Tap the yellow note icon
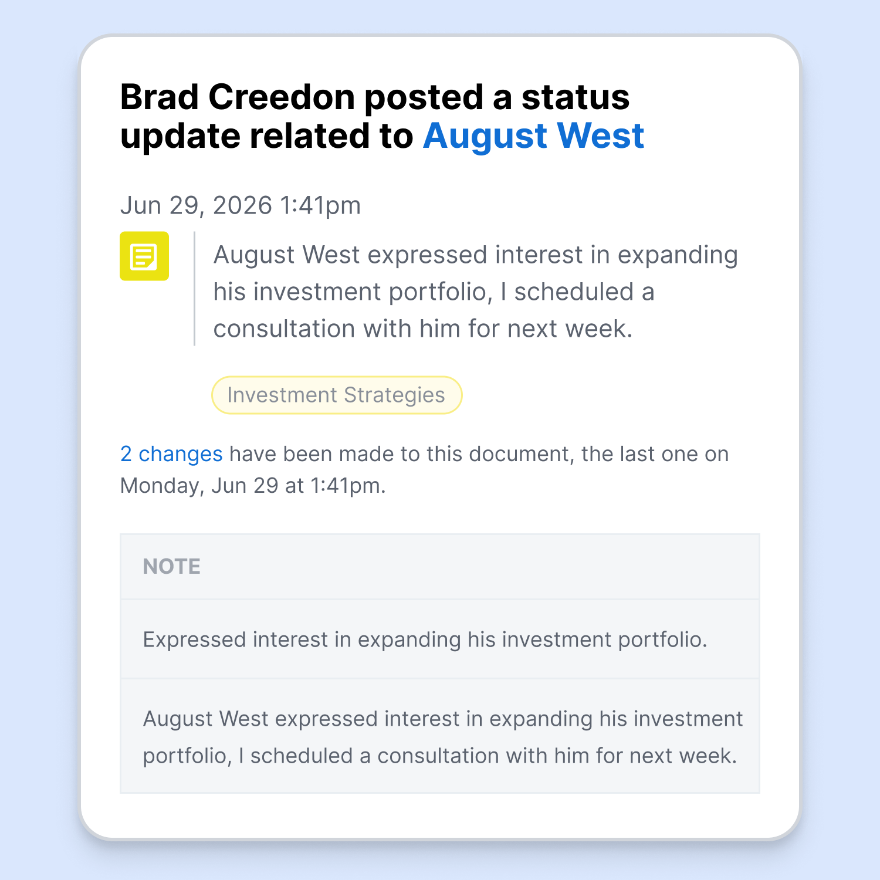[144, 256]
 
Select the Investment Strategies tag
[337, 395]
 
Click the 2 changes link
[171, 454]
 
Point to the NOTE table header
[172, 566]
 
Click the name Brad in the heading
[160, 97]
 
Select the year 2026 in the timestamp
[242, 205]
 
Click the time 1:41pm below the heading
[320, 205]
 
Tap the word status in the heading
[576, 97]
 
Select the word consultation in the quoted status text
[284, 329]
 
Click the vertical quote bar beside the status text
[194, 289]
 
